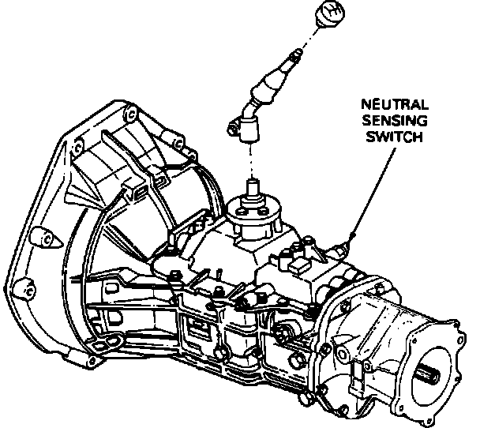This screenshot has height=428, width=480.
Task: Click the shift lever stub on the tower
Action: pos(253,190)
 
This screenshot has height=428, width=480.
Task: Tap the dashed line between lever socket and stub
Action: pos(253,162)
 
